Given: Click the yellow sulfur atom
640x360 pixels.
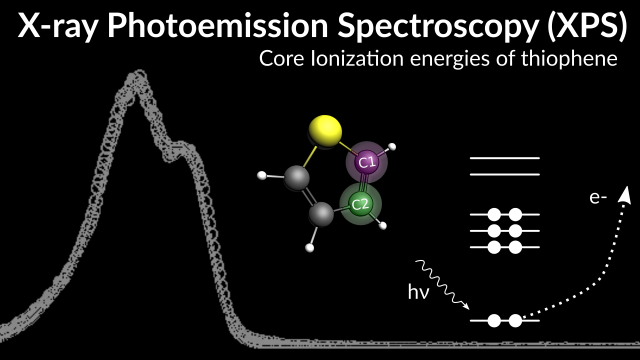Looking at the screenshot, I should (325, 131).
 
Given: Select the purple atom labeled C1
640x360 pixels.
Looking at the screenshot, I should (367, 161).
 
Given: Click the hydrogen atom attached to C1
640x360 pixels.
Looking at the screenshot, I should (392, 147).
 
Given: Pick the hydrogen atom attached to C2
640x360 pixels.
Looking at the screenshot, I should (383, 225).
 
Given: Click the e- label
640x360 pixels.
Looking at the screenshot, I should (598, 198).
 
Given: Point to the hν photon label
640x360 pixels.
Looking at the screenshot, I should (419, 292).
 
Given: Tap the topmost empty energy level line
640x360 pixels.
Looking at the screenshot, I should (504, 158).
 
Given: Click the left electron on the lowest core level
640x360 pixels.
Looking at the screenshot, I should (494, 320).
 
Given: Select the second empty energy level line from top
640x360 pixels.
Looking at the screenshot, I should (504, 174).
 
